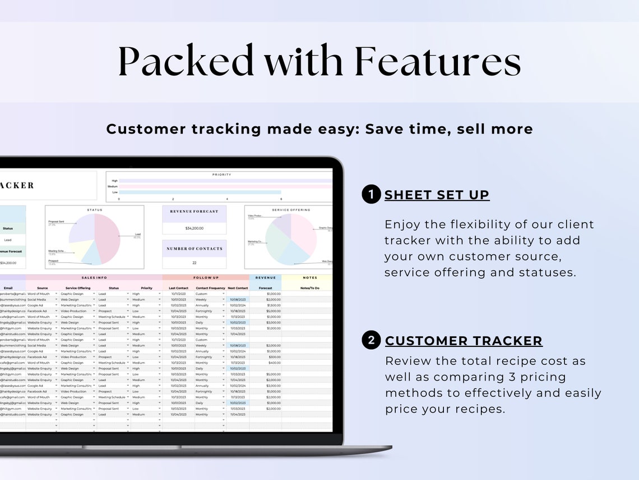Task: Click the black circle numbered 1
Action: pos(371,195)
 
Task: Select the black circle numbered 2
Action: pos(371,340)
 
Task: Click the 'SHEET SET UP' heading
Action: pos(437,195)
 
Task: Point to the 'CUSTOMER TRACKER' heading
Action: pos(464,341)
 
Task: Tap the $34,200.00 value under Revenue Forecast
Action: pos(194,228)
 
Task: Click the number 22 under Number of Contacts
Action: pos(194,263)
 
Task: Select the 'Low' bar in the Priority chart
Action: pos(200,192)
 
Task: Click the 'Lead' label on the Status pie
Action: pos(137,235)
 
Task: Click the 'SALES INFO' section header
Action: pos(94,277)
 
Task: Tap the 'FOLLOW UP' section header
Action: pos(206,277)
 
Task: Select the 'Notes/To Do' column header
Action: pos(309,288)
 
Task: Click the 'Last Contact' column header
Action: pos(179,288)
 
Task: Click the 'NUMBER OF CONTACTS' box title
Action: pos(194,249)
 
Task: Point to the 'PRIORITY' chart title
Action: pos(221,175)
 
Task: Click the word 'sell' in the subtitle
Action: pos(471,129)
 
